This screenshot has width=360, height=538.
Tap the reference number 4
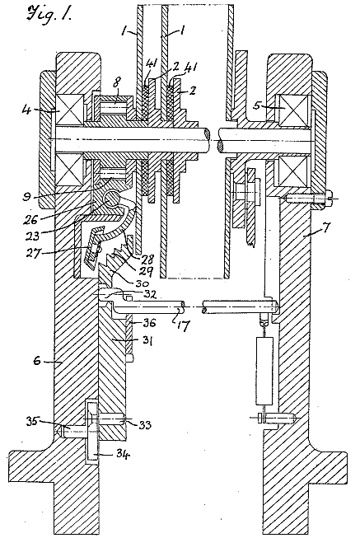26,110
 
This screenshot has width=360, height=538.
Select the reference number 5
257,105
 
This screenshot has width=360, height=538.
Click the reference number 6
38,360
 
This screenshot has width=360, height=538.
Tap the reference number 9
26,198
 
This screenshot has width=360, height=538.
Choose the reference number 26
30,220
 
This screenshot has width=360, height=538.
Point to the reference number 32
150,294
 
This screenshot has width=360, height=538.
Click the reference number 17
184,325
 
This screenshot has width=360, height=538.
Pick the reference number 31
147,341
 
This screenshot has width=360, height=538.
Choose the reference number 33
145,425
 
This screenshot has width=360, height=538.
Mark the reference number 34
124,455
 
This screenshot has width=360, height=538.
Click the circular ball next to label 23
112,199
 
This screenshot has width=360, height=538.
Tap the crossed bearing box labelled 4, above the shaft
69,109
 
